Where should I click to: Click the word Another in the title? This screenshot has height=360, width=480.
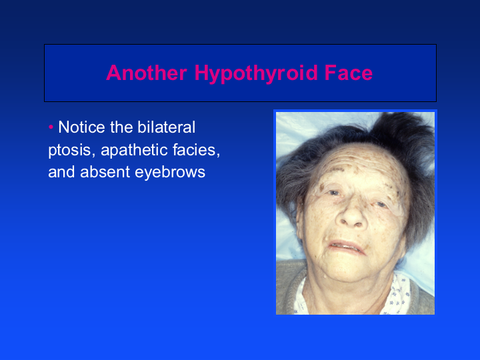click(x=147, y=73)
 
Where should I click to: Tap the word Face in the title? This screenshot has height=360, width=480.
click(x=349, y=73)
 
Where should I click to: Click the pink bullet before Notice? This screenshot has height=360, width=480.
click(x=51, y=127)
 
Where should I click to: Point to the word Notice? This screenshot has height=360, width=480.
click(x=81, y=127)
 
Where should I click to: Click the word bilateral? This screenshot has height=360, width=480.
click(x=166, y=127)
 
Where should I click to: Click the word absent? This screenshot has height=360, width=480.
click(x=105, y=172)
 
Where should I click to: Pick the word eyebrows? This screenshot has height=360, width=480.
click(x=170, y=173)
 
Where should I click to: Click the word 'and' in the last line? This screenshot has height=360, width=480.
click(x=61, y=172)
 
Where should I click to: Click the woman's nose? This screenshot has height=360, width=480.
click(x=352, y=213)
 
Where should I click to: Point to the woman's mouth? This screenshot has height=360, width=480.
click(x=347, y=246)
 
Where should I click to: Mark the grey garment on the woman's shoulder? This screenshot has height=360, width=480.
click(x=286, y=288)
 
